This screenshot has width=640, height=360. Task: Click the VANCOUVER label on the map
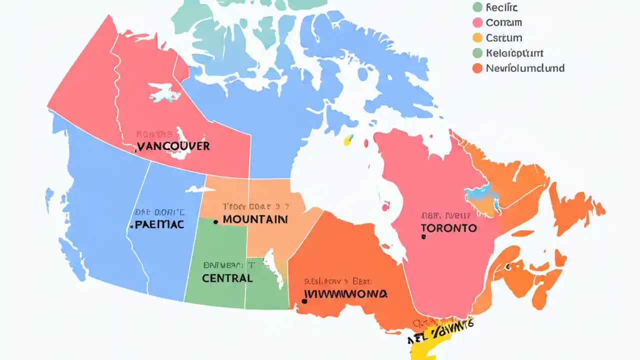[x=173, y=146]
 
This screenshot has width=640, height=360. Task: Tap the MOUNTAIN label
[x=255, y=219]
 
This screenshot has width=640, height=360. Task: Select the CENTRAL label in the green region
[x=227, y=278]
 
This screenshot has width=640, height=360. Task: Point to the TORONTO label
[x=448, y=228]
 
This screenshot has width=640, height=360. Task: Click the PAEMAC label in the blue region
[x=157, y=224]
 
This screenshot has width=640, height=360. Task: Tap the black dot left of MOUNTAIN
[x=215, y=221]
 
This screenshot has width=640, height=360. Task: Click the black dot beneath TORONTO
[x=423, y=238]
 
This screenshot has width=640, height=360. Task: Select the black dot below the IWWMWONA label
[x=304, y=301]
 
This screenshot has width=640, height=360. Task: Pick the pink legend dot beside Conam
[x=477, y=22]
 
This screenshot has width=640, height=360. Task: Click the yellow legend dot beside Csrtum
[x=477, y=37]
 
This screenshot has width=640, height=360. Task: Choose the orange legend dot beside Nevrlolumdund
[x=477, y=68]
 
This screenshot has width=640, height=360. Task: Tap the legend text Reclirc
[x=502, y=7]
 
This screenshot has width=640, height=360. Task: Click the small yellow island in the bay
[x=348, y=140]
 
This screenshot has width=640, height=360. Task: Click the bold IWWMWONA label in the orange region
[x=345, y=293]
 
